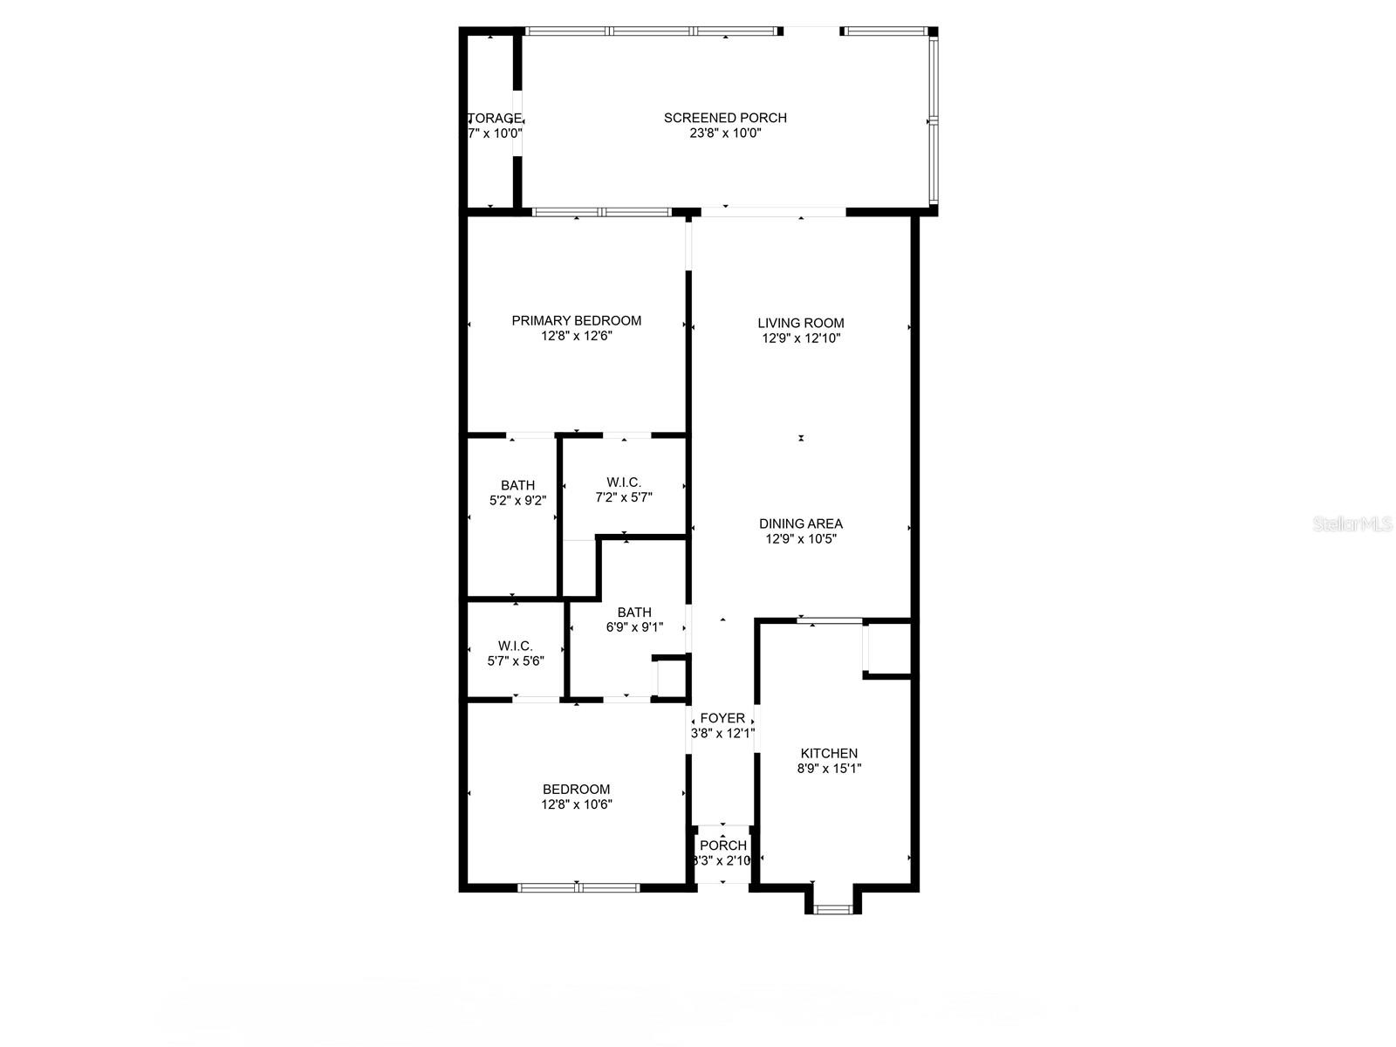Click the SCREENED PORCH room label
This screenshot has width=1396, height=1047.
point(725,118)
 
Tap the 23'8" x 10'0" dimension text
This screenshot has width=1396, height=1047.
point(725,133)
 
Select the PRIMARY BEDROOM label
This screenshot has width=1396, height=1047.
point(576,320)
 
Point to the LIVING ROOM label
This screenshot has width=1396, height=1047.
point(800,323)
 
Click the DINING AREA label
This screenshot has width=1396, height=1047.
point(800,523)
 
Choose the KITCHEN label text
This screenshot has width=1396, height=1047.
point(829,753)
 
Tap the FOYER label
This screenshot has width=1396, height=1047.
point(722,718)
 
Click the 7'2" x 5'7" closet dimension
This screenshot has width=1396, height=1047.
point(623,497)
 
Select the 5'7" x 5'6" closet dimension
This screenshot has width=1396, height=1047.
point(515,661)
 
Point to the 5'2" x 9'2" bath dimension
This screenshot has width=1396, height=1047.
point(517,501)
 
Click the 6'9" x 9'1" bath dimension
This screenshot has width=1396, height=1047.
point(634,626)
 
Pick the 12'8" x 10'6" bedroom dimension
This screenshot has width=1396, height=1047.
point(576,804)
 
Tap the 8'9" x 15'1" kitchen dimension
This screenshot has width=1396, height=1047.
point(829,769)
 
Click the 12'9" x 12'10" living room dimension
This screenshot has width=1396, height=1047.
point(800,339)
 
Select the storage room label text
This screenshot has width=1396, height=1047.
point(495,118)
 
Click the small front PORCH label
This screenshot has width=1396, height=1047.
point(723,845)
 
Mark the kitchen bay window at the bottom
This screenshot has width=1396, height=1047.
point(832,909)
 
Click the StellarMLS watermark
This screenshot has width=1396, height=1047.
point(1352,524)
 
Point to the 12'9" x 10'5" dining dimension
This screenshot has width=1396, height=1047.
point(800,539)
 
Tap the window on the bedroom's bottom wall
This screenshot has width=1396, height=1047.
point(578,888)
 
